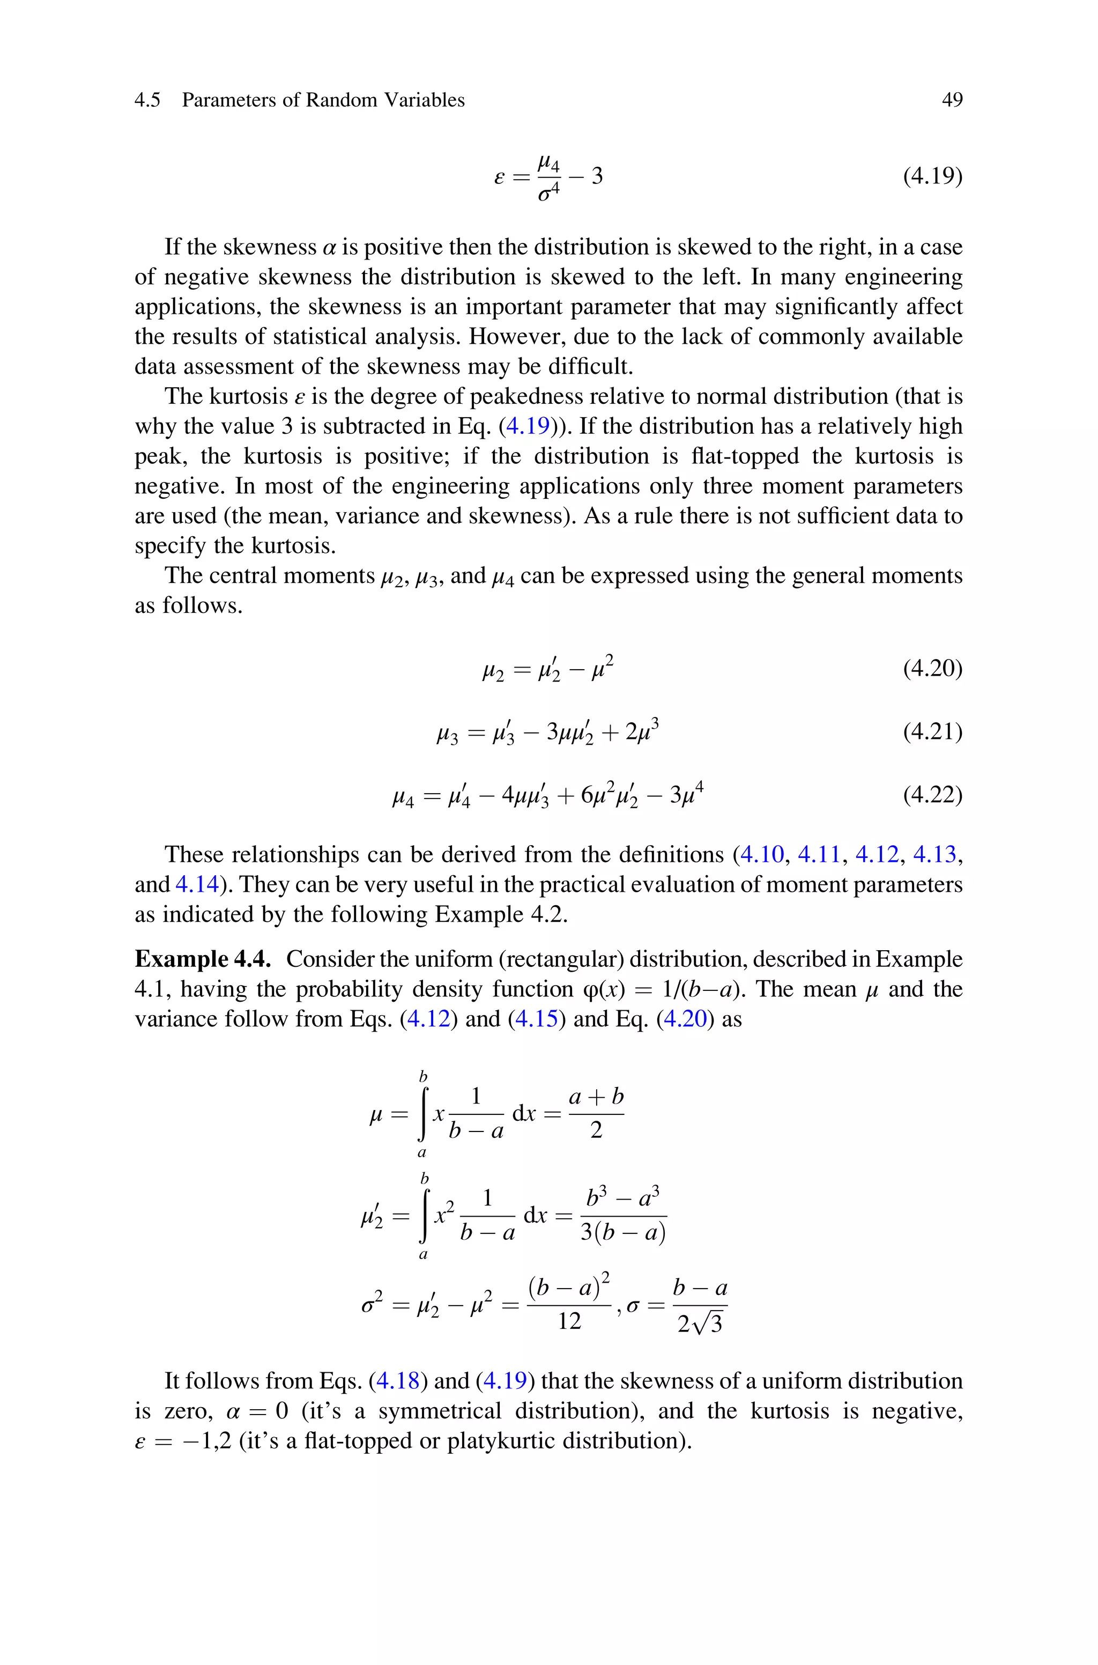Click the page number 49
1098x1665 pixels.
[952, 100]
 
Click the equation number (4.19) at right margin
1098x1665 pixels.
[932, 176]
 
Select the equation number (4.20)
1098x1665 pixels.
[932, 669]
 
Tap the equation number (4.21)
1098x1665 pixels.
[932, 731]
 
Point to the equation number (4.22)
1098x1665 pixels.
[932, 795]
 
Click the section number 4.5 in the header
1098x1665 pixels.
[147, 100]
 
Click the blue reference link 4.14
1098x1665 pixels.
[197, 884]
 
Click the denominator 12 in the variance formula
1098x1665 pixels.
[569, 1321]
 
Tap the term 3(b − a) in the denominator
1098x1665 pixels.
[622, 1232]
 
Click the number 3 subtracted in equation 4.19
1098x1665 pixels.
[597, 176]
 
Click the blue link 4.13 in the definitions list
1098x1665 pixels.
[934, 854]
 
